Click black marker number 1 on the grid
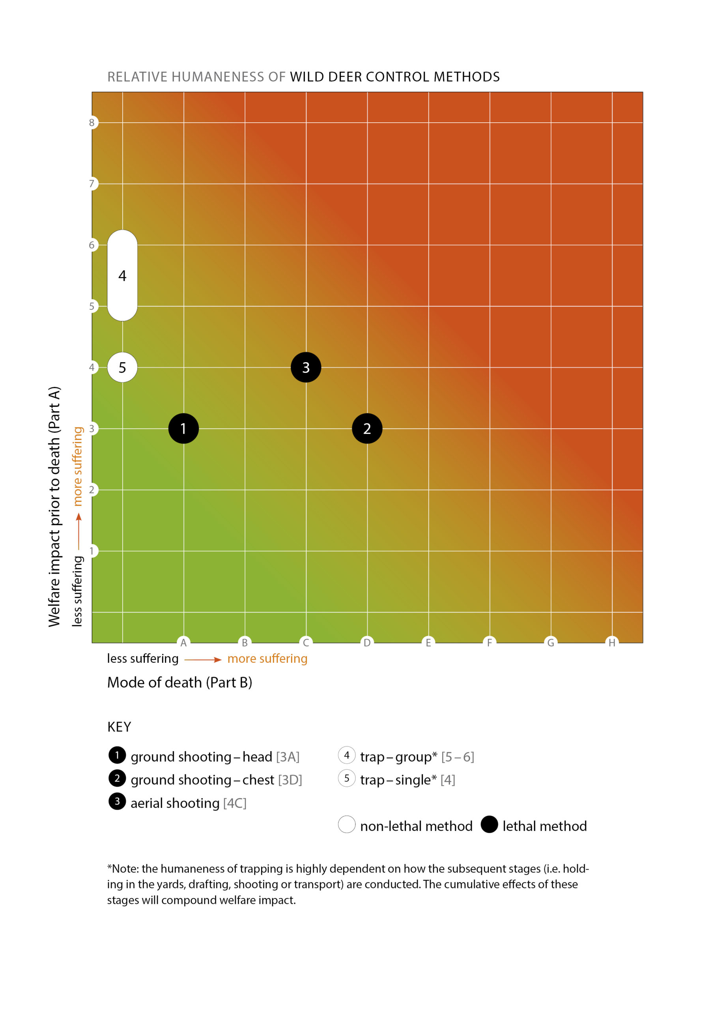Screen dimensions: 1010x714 [183, 428]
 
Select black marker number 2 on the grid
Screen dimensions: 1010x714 [367, 428]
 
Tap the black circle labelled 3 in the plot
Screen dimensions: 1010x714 [306, 367]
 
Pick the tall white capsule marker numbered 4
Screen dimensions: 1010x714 [122, 276]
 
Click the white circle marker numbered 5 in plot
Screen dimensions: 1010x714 [122, 367]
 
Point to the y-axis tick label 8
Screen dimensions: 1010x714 [92, 123]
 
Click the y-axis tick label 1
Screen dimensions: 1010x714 [92, 551]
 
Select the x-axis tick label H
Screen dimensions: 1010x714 [611, 643]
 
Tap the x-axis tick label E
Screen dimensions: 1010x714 [428, 643]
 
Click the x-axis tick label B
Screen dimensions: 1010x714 [245, 643]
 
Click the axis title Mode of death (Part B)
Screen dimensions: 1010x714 [179, 682]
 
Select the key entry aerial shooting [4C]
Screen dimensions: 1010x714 [188, 803]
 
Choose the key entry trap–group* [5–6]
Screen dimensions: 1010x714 [417, 757]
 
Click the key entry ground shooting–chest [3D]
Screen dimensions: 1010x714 [216, 780]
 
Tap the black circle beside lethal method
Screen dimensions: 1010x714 [489, 824]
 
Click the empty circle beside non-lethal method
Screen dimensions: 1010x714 [347, 824]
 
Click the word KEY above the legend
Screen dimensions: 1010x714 [119, 727]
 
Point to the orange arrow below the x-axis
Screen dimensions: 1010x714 [203, 659]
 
